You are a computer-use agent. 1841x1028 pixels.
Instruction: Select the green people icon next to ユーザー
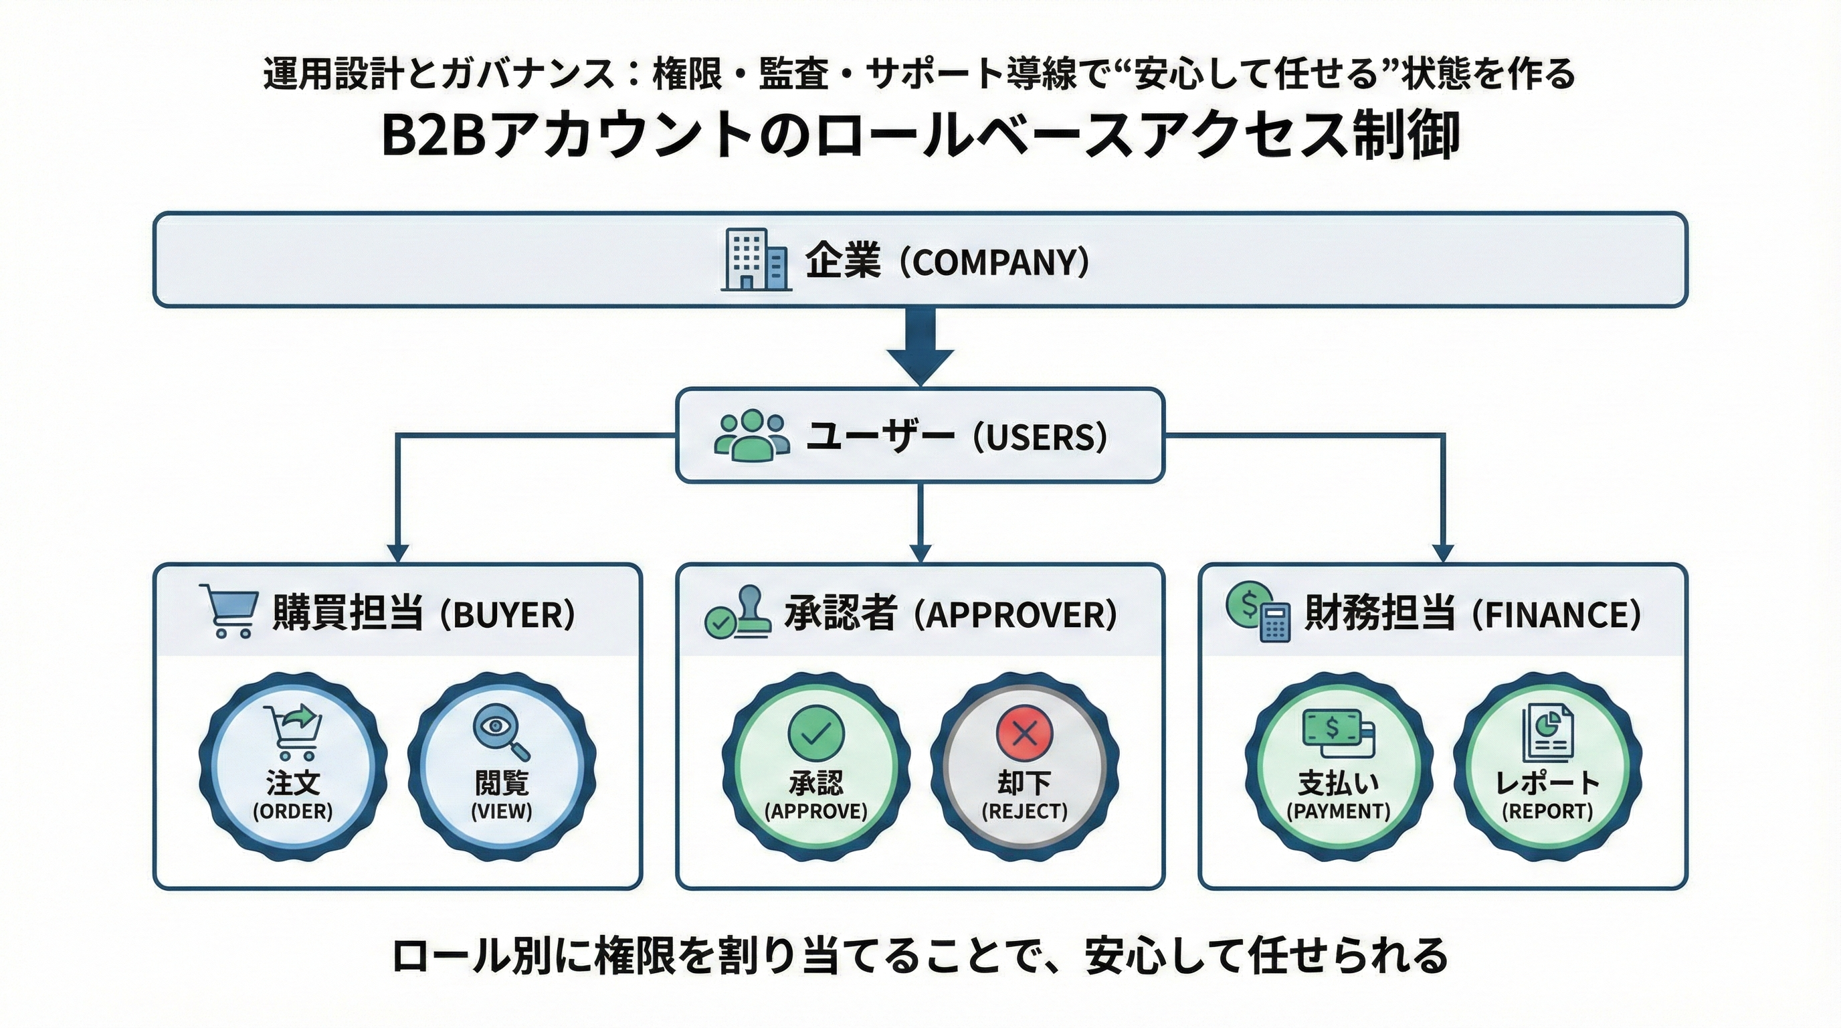(x=752, y=434)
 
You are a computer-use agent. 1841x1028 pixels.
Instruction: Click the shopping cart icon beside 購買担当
(x=229, y=610)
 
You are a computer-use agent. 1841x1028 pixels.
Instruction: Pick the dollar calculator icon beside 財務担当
(x=1258, y=612)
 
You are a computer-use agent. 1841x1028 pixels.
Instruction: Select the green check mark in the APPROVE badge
(x=815, y=733)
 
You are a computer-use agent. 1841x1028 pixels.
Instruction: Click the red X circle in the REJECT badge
(x=1025, y=733)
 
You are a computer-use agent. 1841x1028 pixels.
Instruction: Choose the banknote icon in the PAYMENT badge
(x=1338, y=733)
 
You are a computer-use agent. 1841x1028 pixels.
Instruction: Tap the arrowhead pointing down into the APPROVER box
(x=920, y=553)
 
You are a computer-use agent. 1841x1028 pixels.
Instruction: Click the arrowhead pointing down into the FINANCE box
(x=1444, y=553)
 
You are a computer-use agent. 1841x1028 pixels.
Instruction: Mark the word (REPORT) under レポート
(x=1547, y=811)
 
